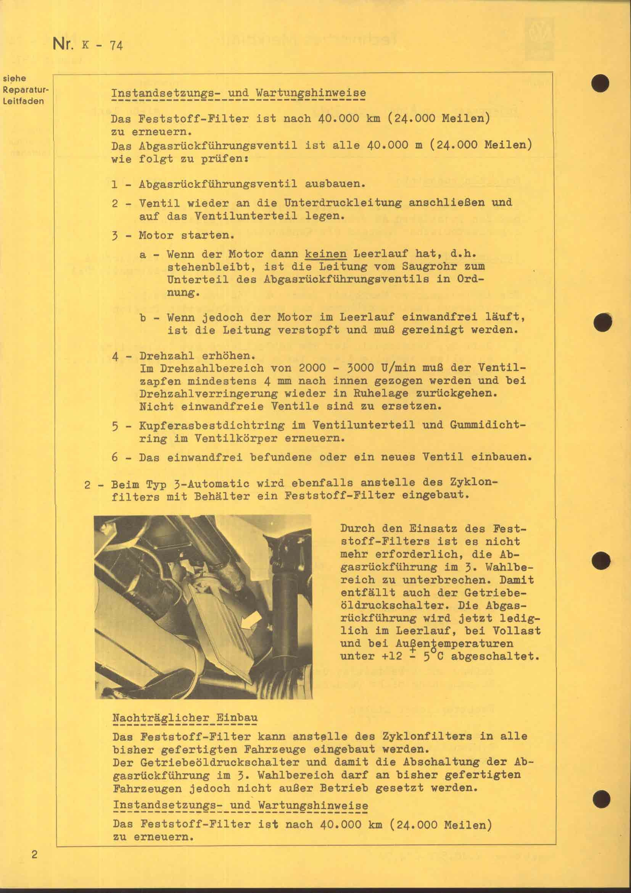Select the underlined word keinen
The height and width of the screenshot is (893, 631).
[x=325, y=254]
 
